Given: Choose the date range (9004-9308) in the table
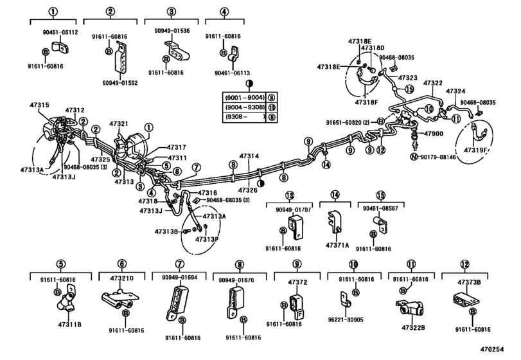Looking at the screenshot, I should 242,107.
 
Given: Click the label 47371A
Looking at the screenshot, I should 337,246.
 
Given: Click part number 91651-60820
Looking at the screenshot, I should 345,122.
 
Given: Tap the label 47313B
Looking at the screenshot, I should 164,231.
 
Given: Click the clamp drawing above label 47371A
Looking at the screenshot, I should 335,222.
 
